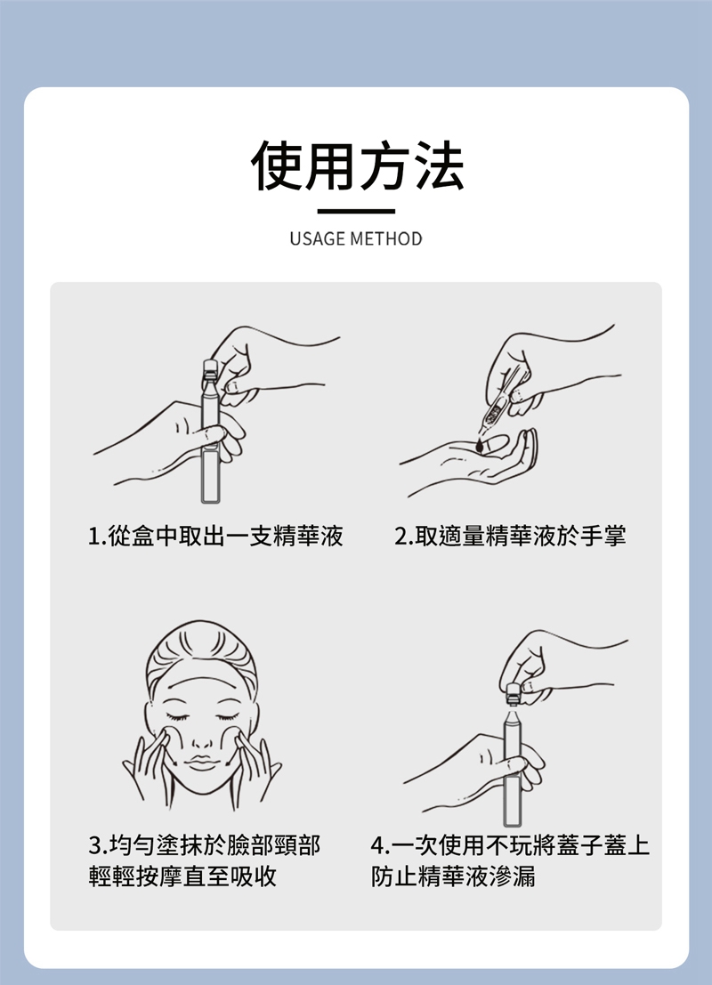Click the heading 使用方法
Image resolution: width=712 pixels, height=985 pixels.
357,166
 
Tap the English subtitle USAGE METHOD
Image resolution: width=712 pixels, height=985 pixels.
356,239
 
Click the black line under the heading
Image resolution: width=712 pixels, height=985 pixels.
356,212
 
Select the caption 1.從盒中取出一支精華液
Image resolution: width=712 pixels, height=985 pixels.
215,537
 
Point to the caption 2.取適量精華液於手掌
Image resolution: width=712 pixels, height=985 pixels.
510,537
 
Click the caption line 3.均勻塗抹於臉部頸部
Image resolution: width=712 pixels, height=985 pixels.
204,845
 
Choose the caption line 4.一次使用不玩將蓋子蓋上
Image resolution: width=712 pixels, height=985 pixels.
510,845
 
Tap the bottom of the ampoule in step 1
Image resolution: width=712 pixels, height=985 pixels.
211,501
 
